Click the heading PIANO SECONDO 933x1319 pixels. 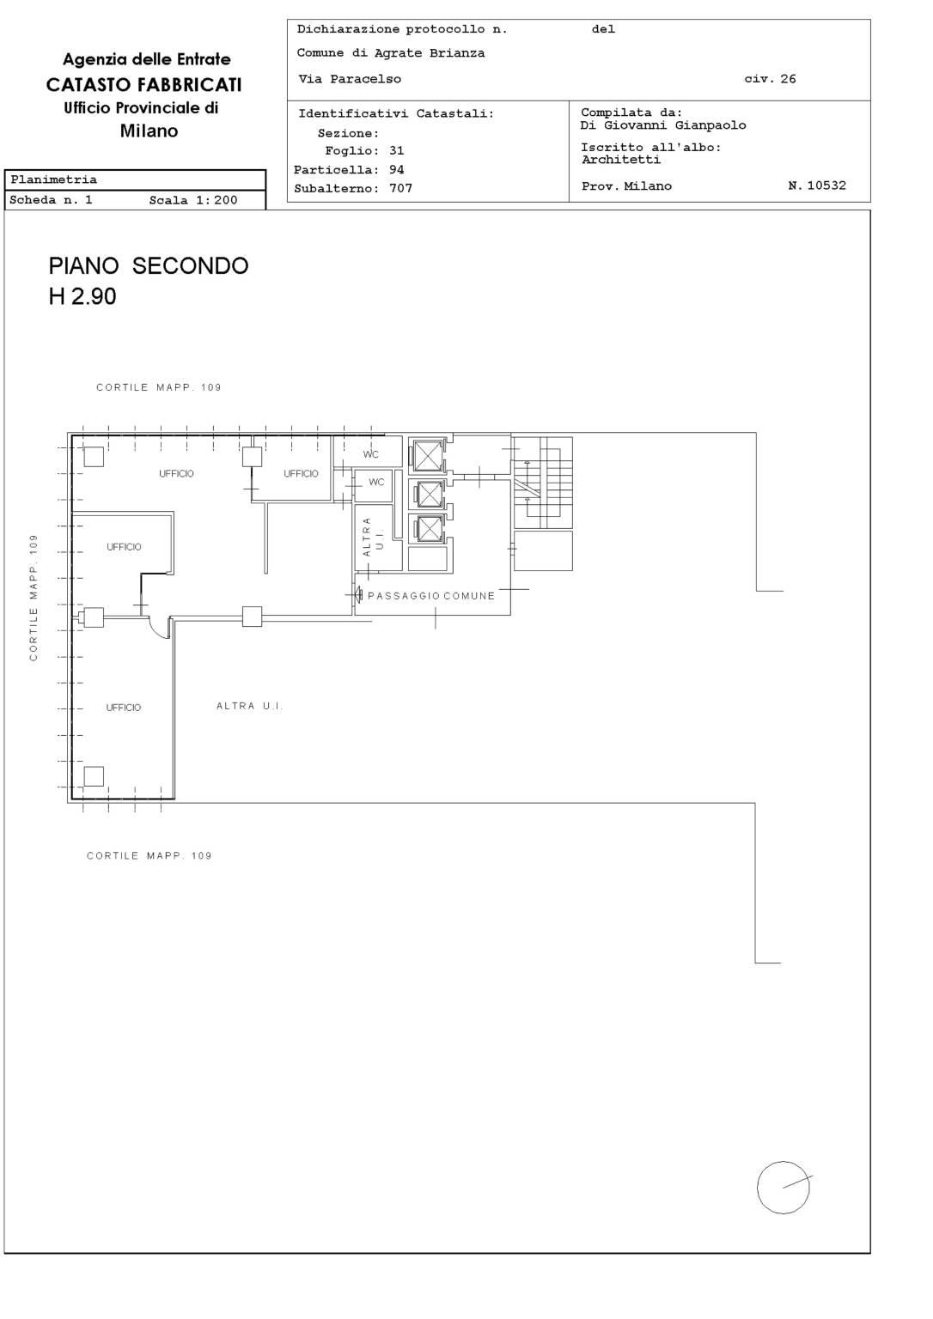pyautogui.click(x=149, y=266)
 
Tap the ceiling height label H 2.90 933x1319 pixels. pyautogui.click(x=82, y=296)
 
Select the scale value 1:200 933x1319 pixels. pyautogui.click(x=216, y=200)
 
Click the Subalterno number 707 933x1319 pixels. pyautogui.click(x=400, y=188)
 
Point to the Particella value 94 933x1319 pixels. pyautogui.click(x=396, y=169)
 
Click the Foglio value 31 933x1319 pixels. pyautogui.click(x=396, y=151)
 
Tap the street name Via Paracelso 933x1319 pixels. pyautogui.click(x=350, y=79)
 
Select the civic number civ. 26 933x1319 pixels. pyautogui.click(x=770, y=79)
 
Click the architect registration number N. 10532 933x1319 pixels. pyautogui.click(x=817, y=185)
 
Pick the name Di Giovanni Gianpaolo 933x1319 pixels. pyautogui.click(x=663, y=125)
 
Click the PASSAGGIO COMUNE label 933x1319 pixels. pyautogui.click(x=431, y=596)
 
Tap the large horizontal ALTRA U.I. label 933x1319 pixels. pyautogui.click(x=249, y=705)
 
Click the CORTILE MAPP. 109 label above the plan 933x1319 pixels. pyautogui.click(x=158, y=387)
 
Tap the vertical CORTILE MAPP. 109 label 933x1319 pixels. pyautogui.click(x=34, y=598)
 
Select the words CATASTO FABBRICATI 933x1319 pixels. pyautogui.click(x=143, y=85)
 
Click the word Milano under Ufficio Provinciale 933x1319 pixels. pyautogui.click(x=149, y=131)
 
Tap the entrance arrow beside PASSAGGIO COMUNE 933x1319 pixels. pyautogui.click(x=357, y=595)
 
